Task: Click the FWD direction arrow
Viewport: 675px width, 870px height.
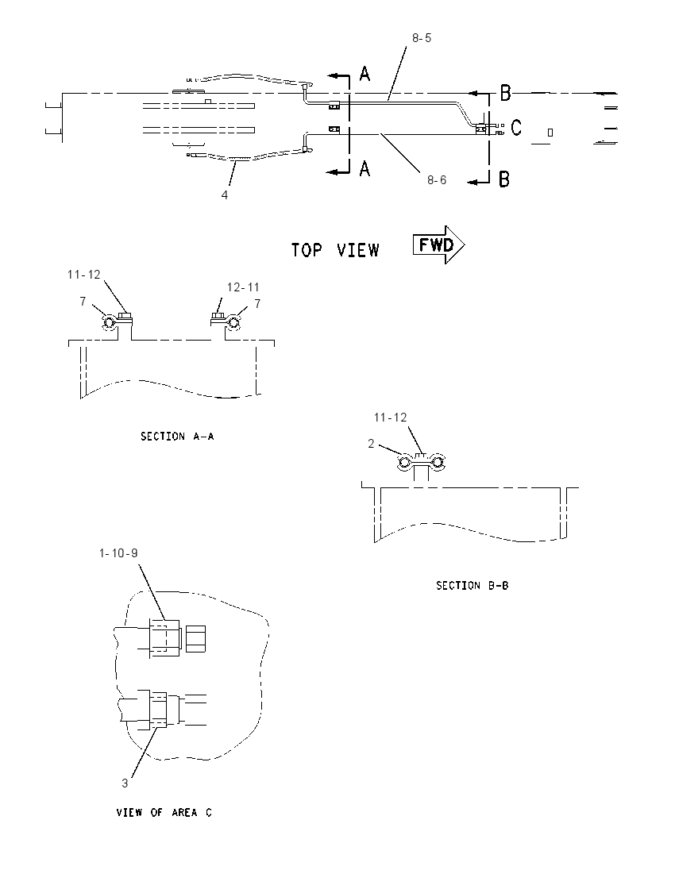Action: point(438,244)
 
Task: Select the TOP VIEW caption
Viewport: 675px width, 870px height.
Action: point(335,250)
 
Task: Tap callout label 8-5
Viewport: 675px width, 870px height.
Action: point(422,38)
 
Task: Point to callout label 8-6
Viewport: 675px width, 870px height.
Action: point(437,179)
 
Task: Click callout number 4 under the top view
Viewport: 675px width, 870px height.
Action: point(224,195)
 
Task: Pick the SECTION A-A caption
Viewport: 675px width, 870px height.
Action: point(177,437)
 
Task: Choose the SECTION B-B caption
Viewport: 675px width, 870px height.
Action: point(472,585)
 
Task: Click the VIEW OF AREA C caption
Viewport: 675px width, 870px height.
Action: point(164,812)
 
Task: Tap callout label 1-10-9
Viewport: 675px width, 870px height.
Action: point(118,553)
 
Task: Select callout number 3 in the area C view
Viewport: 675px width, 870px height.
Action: point(125,783)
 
